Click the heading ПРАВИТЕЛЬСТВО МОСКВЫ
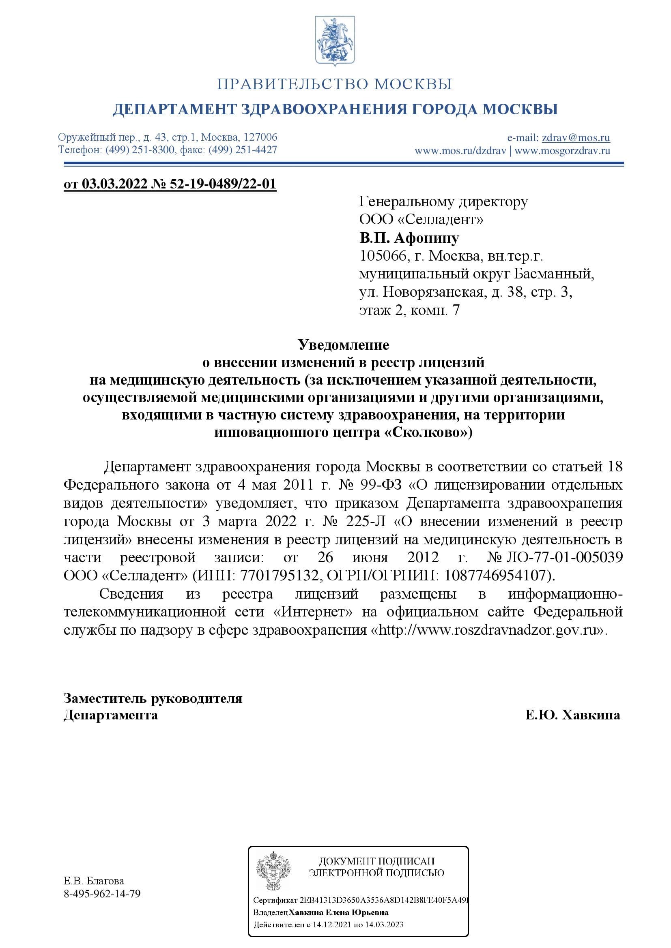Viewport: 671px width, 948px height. (335, 84)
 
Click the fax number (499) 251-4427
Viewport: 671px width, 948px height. (243, 150)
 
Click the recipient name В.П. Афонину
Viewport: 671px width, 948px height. (409, 238)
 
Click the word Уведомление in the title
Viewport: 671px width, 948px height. (343, 345)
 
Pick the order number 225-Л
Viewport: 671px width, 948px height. (367, 522)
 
